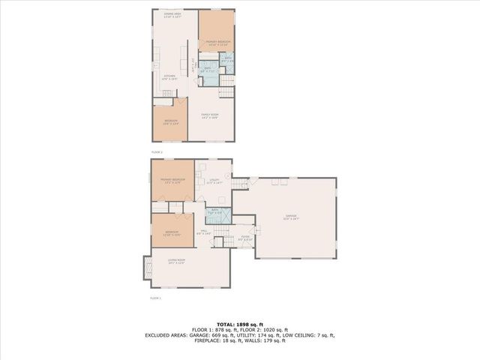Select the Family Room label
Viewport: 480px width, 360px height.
click(209, 116)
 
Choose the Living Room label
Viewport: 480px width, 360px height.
click(176, 262)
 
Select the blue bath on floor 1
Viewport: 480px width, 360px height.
click(214, 211)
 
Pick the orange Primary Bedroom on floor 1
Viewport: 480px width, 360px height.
click(172, 181)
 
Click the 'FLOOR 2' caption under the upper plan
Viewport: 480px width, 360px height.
click(157, 152)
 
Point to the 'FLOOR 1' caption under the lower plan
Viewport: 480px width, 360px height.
click(156, 298)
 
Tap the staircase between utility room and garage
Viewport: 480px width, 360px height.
click(238, 183)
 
